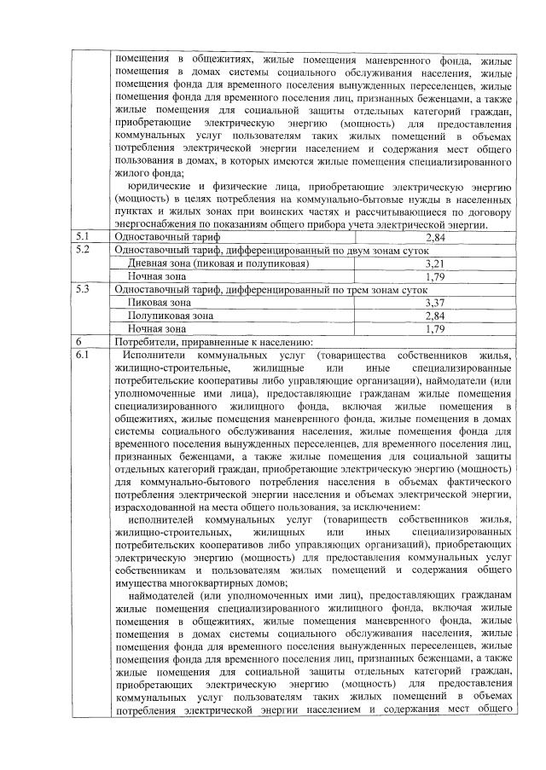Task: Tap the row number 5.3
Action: click(83, 290)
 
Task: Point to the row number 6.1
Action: click(83, 352)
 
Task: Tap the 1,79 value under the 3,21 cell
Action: click(436, 277)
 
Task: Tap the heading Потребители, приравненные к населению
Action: click(218, 340)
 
